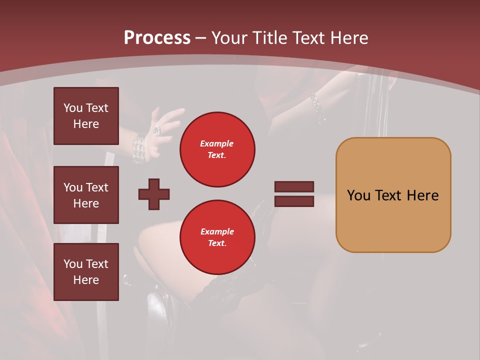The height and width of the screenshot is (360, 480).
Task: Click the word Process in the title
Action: (x=157, y=37)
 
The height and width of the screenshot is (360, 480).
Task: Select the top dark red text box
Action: (x=86, y=116)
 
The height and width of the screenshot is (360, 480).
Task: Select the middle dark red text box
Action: (x=86, y=195)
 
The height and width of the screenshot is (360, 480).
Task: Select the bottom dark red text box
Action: (x=86, y=272)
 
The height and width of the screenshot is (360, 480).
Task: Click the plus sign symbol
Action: (x=154, y=194)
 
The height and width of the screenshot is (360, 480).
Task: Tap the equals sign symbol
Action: (x=294, y=194)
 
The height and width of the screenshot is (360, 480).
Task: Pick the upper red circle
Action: (x=217, y=149)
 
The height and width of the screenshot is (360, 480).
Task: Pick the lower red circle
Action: (x=217, y=237)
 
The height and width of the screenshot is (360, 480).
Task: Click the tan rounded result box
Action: (x=393, y=195)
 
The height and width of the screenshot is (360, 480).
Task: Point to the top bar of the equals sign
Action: (x=294, y=187)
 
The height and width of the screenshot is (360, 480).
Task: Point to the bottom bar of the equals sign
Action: (x=294, y=201)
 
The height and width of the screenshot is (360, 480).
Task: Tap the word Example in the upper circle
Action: (x=216, y=143)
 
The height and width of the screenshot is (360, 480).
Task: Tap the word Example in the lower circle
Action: (x=216, y=231)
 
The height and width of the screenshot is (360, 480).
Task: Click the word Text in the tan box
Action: (x=388, y=195)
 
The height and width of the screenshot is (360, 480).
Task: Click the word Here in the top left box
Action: (x=86, y=124)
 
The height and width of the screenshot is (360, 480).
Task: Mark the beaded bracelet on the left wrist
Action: (x=139, y=148)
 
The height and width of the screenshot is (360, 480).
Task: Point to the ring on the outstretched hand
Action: (x=156, y=130)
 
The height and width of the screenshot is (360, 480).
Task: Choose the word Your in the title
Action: (x=229, y=37)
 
